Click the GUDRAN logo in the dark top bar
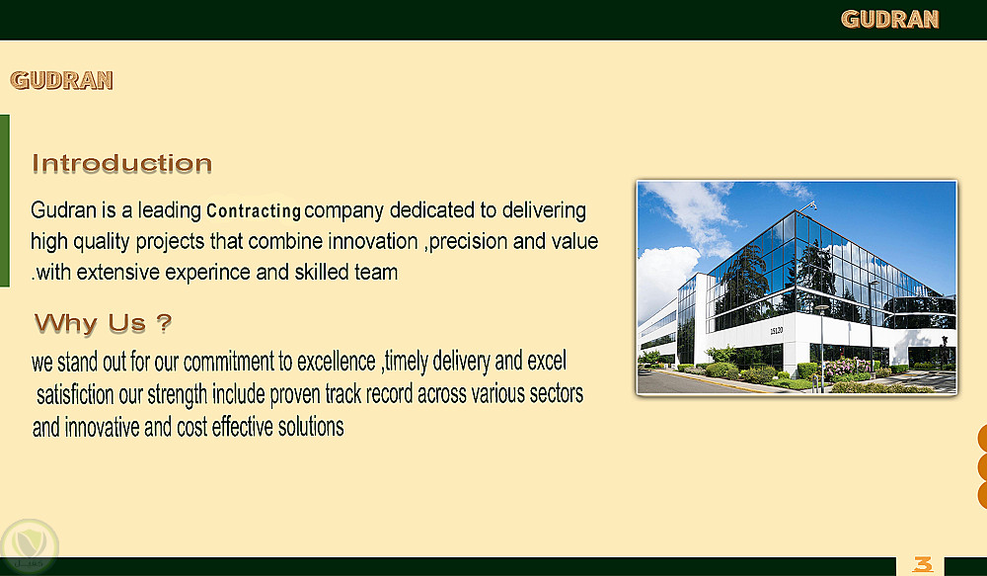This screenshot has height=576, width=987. (889, 20)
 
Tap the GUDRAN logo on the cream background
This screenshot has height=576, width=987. (61, 80)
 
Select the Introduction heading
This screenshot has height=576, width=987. (122, 164)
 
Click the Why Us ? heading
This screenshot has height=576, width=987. (103, 323)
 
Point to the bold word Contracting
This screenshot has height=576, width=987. (254, 210)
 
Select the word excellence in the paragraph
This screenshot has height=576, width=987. (337, 362)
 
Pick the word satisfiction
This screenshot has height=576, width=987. (75, 395)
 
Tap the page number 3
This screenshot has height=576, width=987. (922, 564)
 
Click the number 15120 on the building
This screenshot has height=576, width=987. (776, 331)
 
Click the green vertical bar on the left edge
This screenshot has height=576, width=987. (4, 201)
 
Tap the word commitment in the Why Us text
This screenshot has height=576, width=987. (229, 362)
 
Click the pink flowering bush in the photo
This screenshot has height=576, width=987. (847, 368)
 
